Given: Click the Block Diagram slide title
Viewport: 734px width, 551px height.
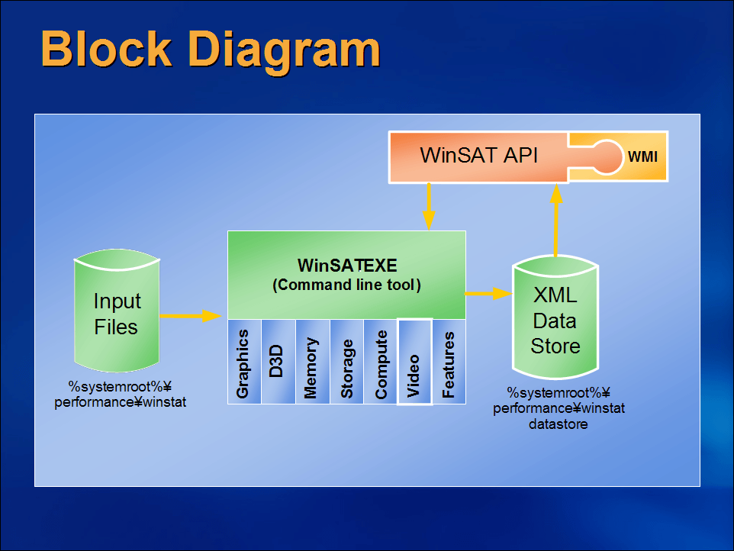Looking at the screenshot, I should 210,48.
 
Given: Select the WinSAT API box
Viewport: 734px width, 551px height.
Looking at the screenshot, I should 478,156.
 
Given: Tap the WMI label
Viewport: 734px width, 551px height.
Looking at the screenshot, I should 642,156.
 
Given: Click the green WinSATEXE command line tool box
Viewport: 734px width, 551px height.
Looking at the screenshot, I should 346,275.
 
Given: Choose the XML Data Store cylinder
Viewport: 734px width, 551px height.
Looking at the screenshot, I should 555,321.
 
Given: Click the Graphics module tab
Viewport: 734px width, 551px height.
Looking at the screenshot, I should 244,362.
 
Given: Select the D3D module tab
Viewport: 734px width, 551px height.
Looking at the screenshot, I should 278,362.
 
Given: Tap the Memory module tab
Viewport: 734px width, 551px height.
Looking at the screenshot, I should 312,362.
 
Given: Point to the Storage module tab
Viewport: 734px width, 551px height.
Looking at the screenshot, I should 346,362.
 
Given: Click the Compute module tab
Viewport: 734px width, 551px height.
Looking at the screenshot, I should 381,362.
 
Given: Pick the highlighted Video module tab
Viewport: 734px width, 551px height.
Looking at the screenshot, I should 415,362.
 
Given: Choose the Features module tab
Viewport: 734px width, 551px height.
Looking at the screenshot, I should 449,362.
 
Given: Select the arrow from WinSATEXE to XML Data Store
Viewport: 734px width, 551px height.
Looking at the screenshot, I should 488,293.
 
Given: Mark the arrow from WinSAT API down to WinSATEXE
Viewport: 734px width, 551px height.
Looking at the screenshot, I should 429,206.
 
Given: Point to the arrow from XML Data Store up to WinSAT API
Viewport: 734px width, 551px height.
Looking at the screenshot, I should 556,221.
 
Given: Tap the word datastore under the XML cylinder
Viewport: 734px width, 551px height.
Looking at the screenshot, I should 559,424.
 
